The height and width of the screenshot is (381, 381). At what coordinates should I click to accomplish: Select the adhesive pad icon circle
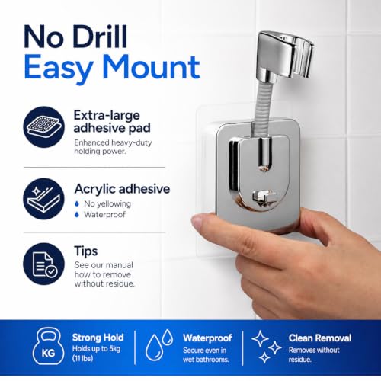(44, 126)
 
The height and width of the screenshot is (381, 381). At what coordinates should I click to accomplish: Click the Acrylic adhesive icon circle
(44, 199)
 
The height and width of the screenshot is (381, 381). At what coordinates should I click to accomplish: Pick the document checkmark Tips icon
(44, 264)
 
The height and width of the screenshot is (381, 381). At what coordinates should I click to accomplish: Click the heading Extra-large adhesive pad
(112, 122)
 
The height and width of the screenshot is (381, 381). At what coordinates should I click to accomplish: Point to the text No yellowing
(107, 203)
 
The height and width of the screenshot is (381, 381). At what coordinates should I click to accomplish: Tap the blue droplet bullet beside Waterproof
(77, 215)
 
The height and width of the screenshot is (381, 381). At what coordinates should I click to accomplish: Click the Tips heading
(86, 251)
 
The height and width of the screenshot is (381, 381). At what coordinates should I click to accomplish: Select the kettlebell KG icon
(48, 346)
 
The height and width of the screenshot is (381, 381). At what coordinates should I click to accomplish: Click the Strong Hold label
(98, 338)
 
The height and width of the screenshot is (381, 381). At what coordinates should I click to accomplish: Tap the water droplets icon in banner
(159, 344)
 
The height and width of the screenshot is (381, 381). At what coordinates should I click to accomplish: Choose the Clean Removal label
(320, 338)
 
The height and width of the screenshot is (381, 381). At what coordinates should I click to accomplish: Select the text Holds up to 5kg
(96, 349)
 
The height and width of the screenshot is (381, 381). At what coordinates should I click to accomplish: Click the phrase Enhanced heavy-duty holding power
(113, 147)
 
